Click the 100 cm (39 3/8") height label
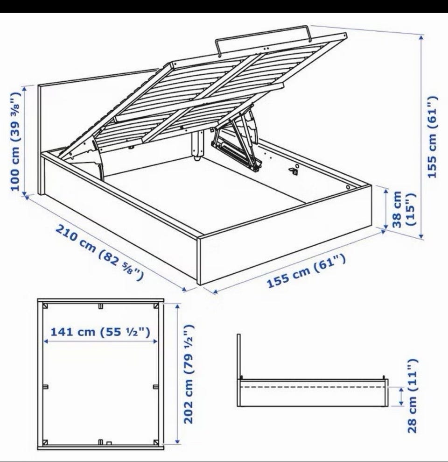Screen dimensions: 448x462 [x=15, y=142]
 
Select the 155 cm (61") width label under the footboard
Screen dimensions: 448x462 [x=306, y=271]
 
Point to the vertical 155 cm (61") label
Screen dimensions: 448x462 [x=432, y=137]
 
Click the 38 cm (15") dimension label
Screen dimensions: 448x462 [x=403, y=209]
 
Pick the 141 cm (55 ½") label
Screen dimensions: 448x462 [x=101, y=332]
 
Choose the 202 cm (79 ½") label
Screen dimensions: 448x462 [x=189, y=374]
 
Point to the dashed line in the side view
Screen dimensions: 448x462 [x=313, y=387]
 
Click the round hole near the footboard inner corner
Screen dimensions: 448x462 [x=348, y=187]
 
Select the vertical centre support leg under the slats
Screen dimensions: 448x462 [x=197, y=146]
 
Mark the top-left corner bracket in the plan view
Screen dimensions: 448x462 [x=45, y=306]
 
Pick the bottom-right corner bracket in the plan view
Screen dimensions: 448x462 [x=156, y=442]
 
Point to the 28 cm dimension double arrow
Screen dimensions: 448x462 [x=401, y=396]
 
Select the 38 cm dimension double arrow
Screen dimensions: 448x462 [x=386, y=209]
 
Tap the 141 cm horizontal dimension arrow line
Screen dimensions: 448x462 [x=101, y=341]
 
